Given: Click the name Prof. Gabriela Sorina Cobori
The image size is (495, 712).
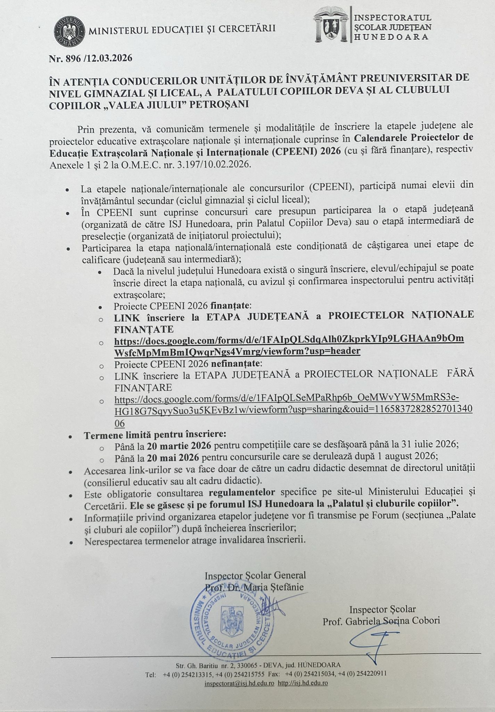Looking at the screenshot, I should point(381,621).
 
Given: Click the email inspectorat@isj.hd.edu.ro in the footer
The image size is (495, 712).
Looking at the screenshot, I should point(239,683).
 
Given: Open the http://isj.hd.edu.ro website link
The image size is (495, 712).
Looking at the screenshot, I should point(303,683).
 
